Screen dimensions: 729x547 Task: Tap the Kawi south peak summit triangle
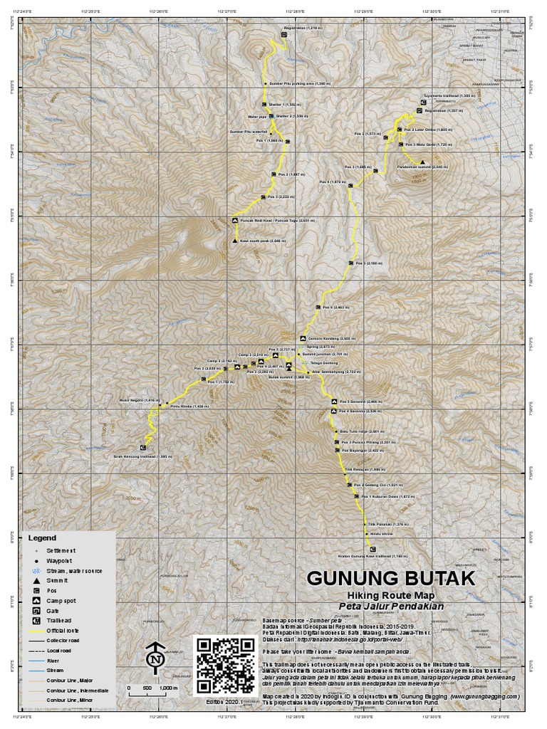coord(234,243)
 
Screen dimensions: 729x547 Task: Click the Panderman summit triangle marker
coord(422,162)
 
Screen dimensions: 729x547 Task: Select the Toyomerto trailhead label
coord(448,95)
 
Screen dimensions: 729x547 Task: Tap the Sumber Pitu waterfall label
coord(248,132)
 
